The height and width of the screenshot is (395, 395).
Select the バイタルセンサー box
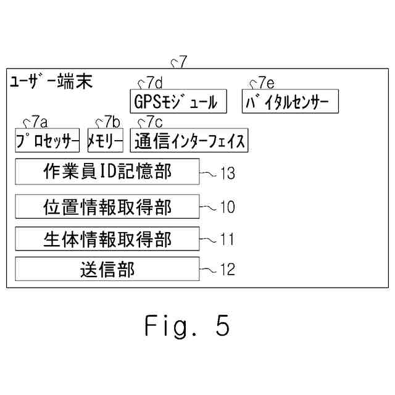click(290, 102)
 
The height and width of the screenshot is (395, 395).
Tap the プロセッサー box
click(48, 140)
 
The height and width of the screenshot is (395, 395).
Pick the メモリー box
click(106, 140)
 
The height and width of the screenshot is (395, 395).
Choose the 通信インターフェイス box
click(188, 140)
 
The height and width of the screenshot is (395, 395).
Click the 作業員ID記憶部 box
click(107, 172)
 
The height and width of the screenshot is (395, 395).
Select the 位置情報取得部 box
click(107, 206)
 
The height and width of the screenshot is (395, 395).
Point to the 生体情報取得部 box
click(107, 238)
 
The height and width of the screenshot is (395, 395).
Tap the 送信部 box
click(107, 269)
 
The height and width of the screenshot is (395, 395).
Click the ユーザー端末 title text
click(51, 82)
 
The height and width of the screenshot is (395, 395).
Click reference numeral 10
click(227, 207)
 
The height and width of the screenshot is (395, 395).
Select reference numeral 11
click(226, 239)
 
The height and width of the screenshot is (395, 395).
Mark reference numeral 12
click(227, 270)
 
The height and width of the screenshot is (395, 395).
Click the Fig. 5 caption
click(187, 325)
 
